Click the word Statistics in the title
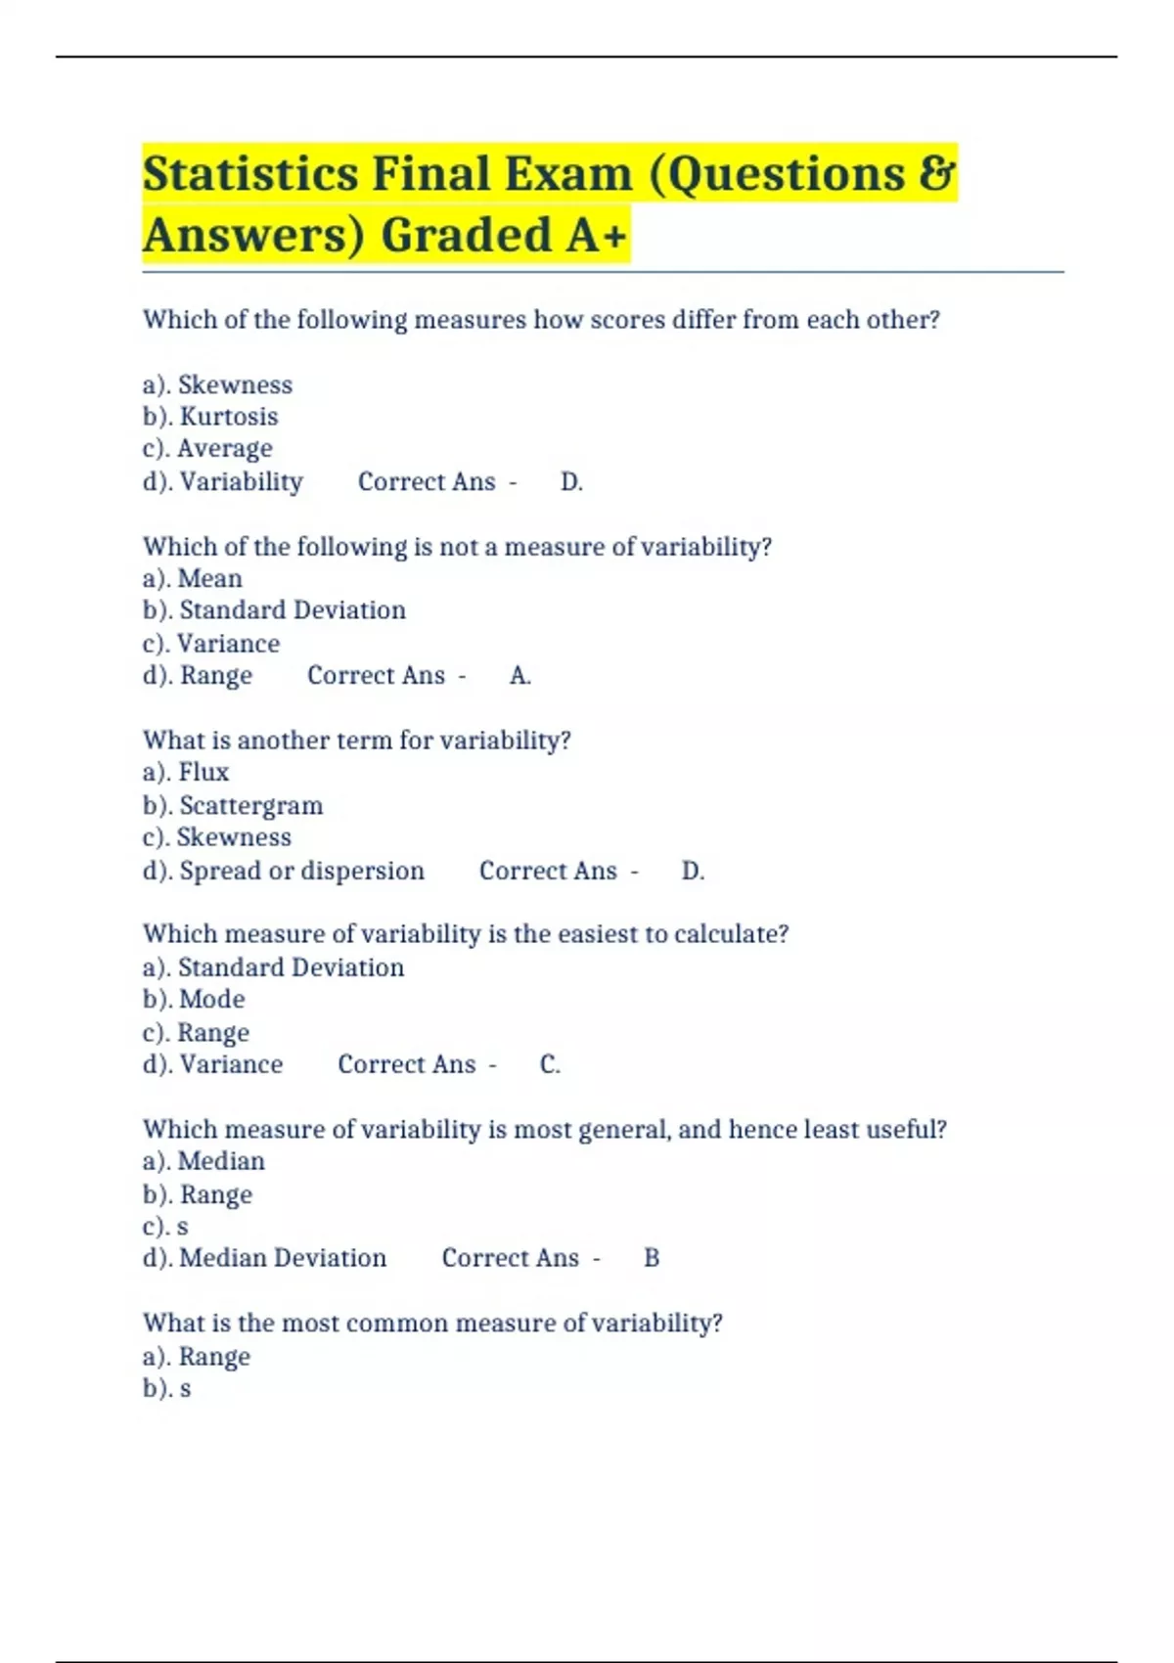click(250, 174)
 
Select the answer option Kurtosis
click(210, 417)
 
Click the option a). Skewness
click(217, 384)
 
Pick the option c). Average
click(207, 449)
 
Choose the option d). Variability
click(223, 481)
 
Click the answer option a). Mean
click(193, 578)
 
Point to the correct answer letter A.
click(519, 675)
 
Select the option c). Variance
click(211, 644)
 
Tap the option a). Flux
click(186, 772)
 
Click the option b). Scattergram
click(233, 805)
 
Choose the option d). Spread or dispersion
click(284, 871)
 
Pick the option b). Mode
click(194, 999)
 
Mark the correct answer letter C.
click(549, 1064)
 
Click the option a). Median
click(203, 1161)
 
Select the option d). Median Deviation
click(264, 1258)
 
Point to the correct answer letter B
click(652, 1258)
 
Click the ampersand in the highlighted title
click(937, 174)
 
